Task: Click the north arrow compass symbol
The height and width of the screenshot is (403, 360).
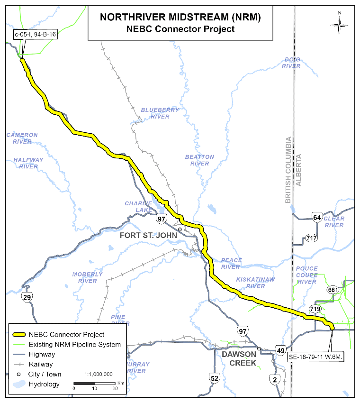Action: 339,23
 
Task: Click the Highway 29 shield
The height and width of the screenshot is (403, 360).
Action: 27,297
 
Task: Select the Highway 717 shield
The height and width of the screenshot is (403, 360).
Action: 311,238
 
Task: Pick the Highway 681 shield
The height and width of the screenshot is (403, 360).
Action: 332,290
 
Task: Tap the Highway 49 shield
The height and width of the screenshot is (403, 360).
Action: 281,351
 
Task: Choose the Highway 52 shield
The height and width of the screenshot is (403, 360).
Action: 215,378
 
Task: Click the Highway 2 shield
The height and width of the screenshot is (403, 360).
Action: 273,379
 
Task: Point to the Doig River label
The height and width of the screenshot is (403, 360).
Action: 291,63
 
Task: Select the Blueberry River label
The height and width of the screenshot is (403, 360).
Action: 160,113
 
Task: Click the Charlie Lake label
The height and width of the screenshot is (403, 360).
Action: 138,207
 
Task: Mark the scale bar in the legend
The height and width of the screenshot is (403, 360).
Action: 94,383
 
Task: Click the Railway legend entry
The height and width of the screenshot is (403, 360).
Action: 42,364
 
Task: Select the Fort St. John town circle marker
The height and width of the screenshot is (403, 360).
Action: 180,229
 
